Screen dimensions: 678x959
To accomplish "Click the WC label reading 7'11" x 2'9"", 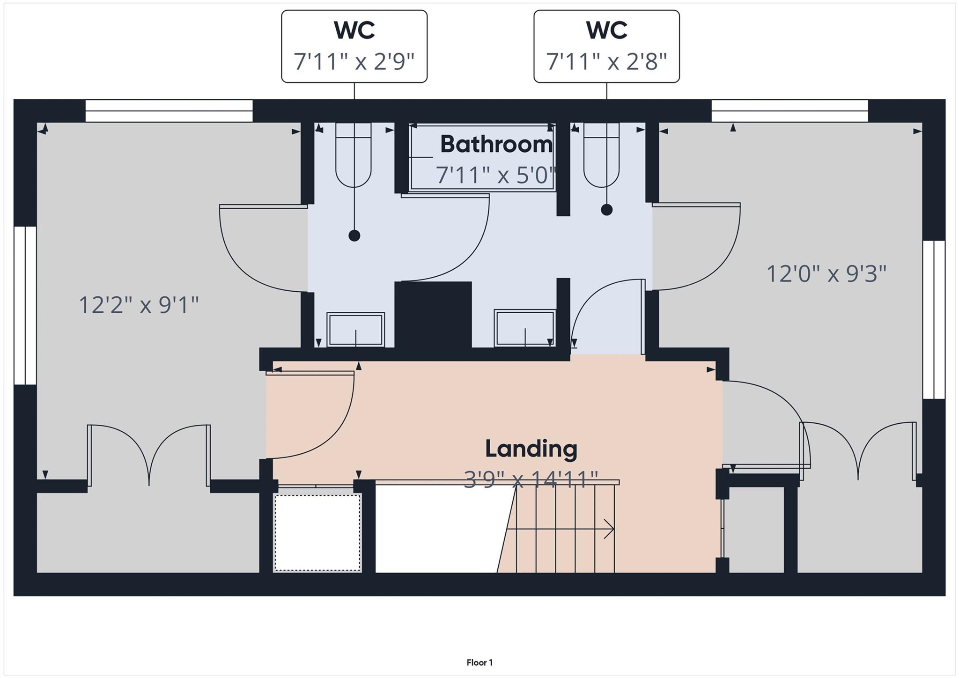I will pyautogui.click(x=354, y=46).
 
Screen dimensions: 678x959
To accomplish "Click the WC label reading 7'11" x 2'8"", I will pyautogui.click(x=606, y=46).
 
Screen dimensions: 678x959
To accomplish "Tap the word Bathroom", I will pyautogui.click(x=496, y=144).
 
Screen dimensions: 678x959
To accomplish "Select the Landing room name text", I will pyautogui.click(x=531, y=449).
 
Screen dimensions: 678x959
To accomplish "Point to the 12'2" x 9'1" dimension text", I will pyautogui.click(x=139, y=305).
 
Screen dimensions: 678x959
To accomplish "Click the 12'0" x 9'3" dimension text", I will pyautogui.click(x=826, y=274).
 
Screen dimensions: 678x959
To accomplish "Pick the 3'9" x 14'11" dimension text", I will pyautogui.click(x=531, y=479).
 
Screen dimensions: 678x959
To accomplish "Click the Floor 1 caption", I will pyautogui.click(x=479, y=663).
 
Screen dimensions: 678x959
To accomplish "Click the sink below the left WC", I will pyautogui.click(x=355, y=330).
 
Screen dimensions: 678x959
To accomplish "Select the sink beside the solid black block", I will pyautogui.click(x=524, y=328).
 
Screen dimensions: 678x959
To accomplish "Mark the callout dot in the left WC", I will pyautogui.click(x=354, y=236).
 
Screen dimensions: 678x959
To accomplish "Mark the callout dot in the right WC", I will pyautogui.click(x=606, y=210).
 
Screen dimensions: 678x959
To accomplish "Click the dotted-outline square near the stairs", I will pyautogui.click(x=317, y=532).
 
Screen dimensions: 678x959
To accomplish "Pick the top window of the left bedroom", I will pyautogui.click(x=169, y=111).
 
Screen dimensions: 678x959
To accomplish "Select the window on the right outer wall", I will pyautogui.click(x=934, y=320).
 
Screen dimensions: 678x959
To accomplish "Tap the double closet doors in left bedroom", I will pyautogui.click(x=149, y=454).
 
